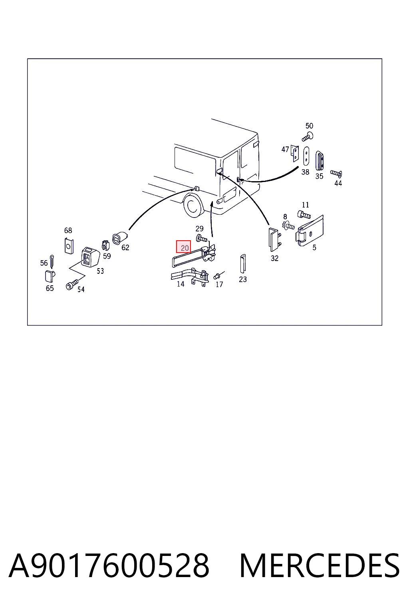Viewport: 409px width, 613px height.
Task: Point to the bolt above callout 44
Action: pos(336,173)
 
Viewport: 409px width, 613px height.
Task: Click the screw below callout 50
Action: pos(308,136)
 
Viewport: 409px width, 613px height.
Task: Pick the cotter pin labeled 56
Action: pos(52,261)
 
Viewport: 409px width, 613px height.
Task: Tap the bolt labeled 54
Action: pos(72,284)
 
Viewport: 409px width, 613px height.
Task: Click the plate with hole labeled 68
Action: pos(69,246)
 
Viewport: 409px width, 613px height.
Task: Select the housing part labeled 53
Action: pos(89,257)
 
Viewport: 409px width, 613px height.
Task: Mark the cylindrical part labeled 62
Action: pos(120,238)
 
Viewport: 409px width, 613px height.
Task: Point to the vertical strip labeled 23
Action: pos(243,263)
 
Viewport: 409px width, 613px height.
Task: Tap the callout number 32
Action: pos(274,258)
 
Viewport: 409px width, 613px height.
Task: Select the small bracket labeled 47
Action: pos(295,153)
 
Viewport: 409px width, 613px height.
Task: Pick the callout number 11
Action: pos(305,205)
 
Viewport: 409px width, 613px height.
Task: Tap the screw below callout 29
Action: pos(202,238)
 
